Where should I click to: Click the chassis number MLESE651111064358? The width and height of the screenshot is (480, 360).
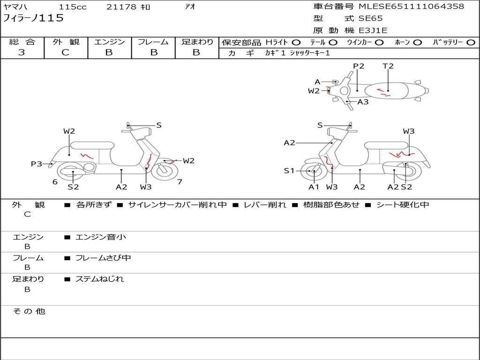coord(412,6)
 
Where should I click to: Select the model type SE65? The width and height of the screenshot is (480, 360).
coord(370,18)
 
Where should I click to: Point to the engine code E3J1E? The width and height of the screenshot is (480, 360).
coord(373,30)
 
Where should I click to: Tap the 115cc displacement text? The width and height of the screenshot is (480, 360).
coord(73,7)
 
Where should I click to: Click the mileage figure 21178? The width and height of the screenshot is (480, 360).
coord(121,7)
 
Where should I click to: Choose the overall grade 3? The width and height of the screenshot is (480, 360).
coord(22,52)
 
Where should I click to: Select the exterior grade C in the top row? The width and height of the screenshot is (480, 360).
coord(65,52)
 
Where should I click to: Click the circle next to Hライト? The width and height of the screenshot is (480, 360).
coord(296,43)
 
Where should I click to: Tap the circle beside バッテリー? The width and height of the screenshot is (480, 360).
coord(471,43)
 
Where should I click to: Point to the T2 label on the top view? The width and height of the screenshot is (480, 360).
coord(388,66)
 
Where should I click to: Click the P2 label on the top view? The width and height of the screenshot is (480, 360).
coord(359,66)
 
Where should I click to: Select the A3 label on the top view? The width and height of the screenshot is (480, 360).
coord(363,102)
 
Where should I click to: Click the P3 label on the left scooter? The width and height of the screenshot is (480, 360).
coord(37,164)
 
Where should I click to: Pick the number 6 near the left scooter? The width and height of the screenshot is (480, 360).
coord(55,182)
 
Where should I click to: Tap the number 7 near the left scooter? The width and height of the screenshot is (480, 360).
coord(180,182)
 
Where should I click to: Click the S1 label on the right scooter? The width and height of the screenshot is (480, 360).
coord(289,171)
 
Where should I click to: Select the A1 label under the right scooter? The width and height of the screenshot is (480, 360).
coord(314,187)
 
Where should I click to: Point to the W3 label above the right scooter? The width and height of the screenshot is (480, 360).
coord(409,131)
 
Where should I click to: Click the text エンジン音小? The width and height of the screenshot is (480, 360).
coord(101,237)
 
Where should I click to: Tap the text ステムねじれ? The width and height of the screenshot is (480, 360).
coord(100,279)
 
